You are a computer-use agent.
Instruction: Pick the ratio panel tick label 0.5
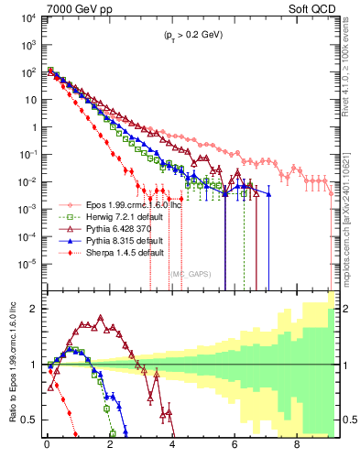[x=30, y=420]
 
